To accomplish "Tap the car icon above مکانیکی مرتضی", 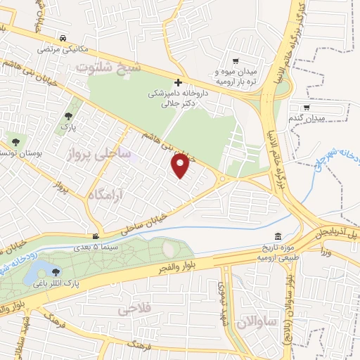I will (x=64, y=38).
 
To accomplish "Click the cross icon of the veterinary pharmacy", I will (x=179, y=82).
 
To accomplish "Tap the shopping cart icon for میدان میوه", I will (x=235, y=61).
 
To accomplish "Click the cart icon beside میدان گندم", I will (x=289, y=120).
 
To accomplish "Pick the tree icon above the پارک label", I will (x=68, y=116).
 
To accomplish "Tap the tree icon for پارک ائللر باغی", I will (x=55, y=271).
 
